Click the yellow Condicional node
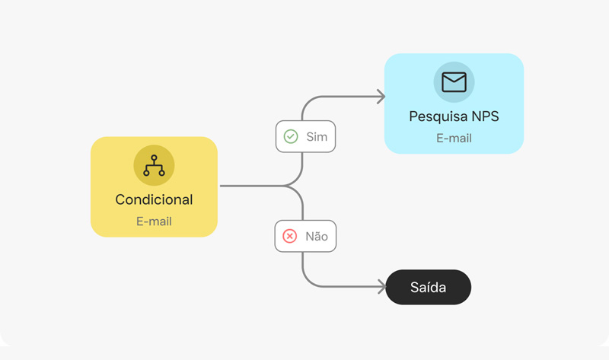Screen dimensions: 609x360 [155, 186]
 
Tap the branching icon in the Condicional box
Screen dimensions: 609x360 [155, 165]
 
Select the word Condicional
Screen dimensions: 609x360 [155, 199]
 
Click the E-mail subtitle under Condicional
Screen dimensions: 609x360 [155, 221]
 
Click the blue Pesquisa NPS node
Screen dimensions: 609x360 [454, 104]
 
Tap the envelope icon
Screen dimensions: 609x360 [454, 82]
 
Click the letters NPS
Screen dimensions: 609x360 [486, 116]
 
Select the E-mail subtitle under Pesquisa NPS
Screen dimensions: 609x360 [454, 139]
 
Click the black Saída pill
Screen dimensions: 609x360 [429, 288]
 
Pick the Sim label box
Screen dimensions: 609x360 [306, 136]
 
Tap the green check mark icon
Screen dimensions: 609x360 [291, 136]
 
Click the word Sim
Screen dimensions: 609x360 [317, 137]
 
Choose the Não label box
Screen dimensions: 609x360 [306, 236]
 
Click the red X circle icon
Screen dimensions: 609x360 [290, 236]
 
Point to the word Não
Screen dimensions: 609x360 [317, 236]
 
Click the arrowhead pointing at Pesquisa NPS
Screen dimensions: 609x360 [381, 97]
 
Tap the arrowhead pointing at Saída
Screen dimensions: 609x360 [382, 287]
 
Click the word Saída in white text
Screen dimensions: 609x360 [429, 288]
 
